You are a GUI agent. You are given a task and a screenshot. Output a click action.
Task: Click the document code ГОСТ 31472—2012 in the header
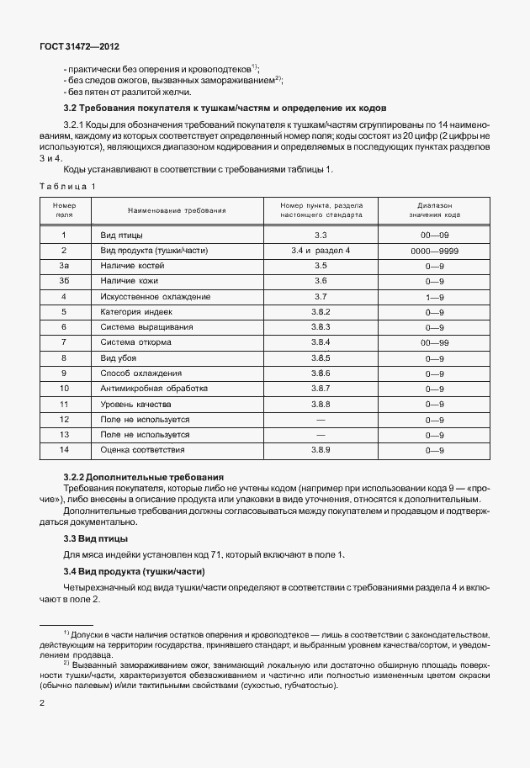74,48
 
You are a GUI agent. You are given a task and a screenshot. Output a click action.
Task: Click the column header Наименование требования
177,209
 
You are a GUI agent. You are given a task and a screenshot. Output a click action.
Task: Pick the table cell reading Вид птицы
121,236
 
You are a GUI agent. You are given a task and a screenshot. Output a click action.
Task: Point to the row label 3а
64,266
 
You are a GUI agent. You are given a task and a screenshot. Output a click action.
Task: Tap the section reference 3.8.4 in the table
320,342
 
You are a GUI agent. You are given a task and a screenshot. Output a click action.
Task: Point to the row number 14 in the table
64,450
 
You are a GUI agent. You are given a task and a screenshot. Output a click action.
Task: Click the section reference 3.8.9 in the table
320,450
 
